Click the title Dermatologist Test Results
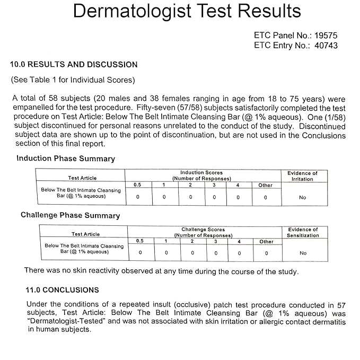pos(187,11)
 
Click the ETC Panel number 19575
pos(326,36)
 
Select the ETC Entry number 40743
pos(325,46)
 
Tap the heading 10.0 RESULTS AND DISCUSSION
pos(74,65)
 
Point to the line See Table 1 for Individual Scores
pos(73,81)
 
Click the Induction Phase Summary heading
pos(66,159)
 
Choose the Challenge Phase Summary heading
pos(71,215)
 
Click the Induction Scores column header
pos(202,175)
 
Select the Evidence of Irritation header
pos(302,176)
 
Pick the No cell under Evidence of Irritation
pos(302,197)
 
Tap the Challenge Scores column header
pos(203,232)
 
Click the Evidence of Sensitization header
pos(303,232)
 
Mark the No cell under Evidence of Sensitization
pos(303,253)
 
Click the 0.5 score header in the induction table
pos(137,185)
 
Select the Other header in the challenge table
pos(267,242)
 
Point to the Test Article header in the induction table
pos(82,178)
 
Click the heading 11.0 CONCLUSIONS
pos(63,290)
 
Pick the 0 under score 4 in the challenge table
pos(239,253)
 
